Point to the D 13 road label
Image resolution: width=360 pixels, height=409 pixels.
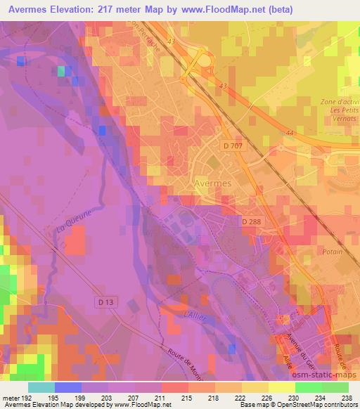[105, 301]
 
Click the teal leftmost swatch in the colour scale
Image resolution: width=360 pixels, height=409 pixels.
[41, 387]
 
